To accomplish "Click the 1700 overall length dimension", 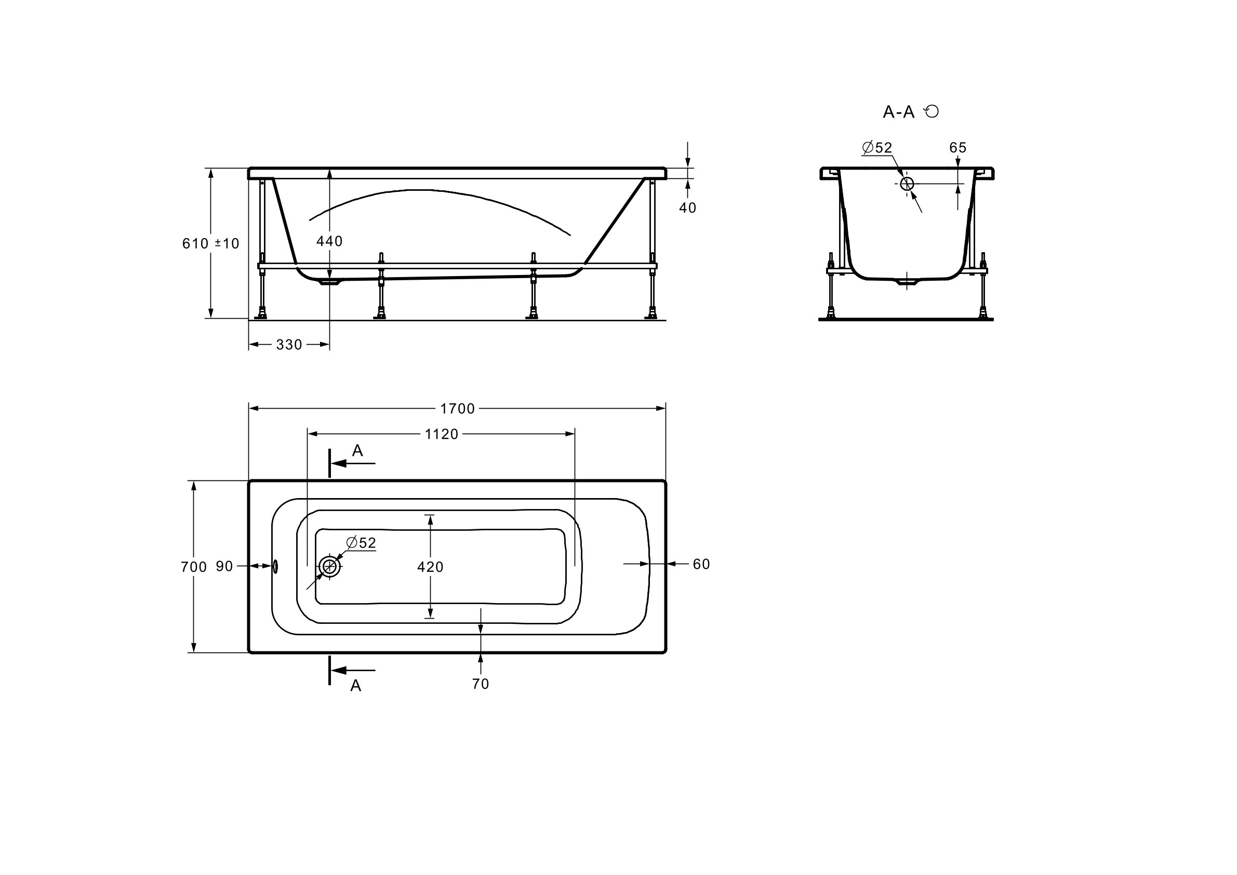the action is click(457, 409).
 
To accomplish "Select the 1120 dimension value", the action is click(441, 434).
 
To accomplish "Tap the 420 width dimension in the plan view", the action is click(430, 567).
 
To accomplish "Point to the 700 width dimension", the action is click(193, 567).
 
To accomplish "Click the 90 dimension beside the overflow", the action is click(224, 566).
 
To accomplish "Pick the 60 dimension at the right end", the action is click(701, 564).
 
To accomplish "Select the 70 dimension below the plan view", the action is click(480, 684).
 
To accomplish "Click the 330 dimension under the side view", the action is click(289, 345).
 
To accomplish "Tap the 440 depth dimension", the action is click(329, 241).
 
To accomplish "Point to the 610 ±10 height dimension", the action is click(210, 243).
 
